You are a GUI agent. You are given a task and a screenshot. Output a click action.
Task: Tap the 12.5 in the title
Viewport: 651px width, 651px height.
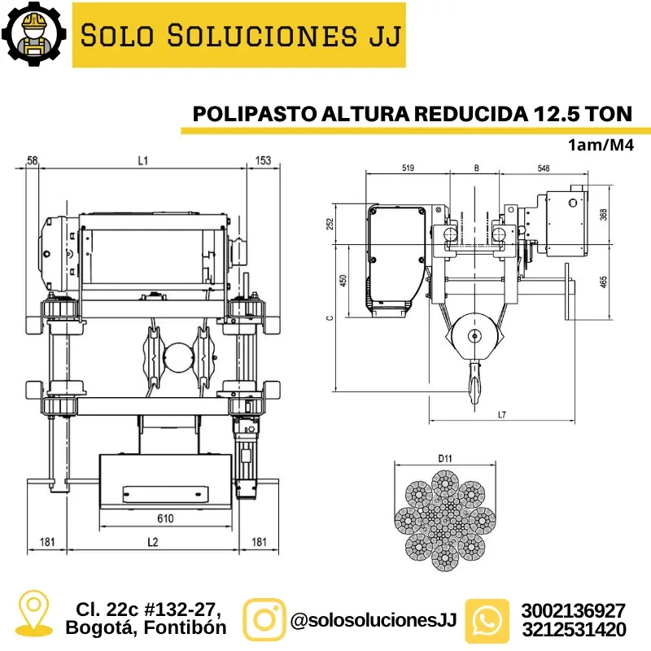[x=560, y=113]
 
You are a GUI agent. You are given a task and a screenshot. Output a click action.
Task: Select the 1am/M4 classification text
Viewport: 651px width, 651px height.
[x=601, y=146]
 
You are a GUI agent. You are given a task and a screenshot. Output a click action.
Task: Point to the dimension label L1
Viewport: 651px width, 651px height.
[x=142, y=161]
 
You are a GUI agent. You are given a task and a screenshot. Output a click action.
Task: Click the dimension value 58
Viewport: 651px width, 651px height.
[x=33, y=161]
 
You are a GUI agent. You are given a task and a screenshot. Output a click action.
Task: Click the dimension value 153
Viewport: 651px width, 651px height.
[x=263, y=161]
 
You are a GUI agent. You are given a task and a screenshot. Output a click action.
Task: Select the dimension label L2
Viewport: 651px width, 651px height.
[x=152, y=541]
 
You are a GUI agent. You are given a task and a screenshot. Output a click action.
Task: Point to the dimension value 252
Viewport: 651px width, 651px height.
[x=330, y=223]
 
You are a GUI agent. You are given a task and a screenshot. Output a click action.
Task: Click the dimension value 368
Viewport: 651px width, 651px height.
[x=603, y=214]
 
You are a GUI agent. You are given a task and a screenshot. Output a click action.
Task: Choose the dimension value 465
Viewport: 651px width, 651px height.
[x=603, y=281]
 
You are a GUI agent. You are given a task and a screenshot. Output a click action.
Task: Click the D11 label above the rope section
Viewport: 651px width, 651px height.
[x=444, y=459]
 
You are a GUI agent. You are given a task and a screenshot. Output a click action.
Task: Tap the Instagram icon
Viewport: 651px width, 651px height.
[x=264, y=620]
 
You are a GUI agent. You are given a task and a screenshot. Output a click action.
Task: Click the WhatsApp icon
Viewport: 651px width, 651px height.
[x=487, y=620]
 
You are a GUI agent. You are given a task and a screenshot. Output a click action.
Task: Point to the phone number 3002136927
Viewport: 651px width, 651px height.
[x=575, y=610]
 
